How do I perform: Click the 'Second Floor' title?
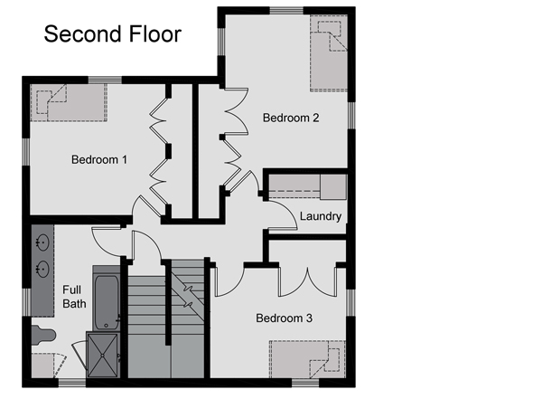pyautogui.click(x=113, y=34)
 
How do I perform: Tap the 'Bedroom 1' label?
pyautogui.click(x=99, y=159)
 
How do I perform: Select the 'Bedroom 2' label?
pyautogui.click(x=291, y=118)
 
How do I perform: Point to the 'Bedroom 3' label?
pyautogui.click(x=285, y=318)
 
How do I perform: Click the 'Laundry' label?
pyautogui.click(x=321, y=216)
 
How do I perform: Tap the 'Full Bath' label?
pyautogui.click(x=74, y=297)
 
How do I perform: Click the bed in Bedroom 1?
pyautogui.click(x=69, y=102)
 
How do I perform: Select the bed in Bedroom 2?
pyautogui.click(x=329, y=53)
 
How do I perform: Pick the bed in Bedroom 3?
pyautogui.click(x=307, y=359)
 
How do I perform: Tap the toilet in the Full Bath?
pyautogui.click(x=43, y=336)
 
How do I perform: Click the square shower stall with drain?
pyautogui.click(x=103, y=355)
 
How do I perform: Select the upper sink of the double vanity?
pyautogui.click(x=42, y=242)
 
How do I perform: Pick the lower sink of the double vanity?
pyautogui.click(x=42, y=269)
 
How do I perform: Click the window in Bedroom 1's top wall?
pyautogui.click(x=105, y=80)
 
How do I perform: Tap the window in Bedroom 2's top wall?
pyautogui.click(x=286, y=10)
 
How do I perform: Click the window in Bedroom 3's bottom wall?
pyautogui.click(x=305, y=383)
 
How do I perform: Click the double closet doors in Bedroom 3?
pyautogui.click(x=307, y=281)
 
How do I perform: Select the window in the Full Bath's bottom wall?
pyautogui.click(x=72, y=383)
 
